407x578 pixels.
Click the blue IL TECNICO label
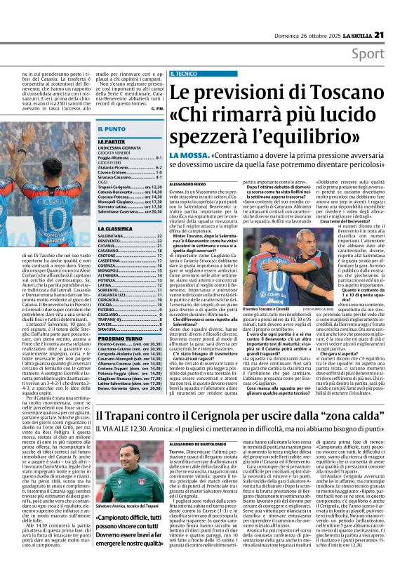(x=183, y=73)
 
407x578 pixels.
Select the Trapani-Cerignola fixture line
(x=130, y=188)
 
